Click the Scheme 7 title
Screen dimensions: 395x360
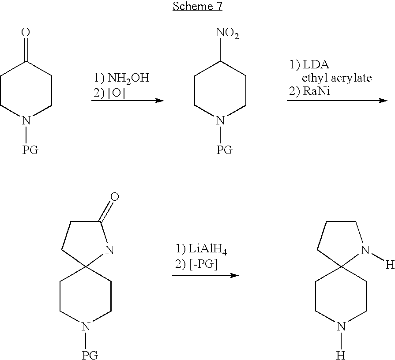pyautogui.click(x=198, y=6)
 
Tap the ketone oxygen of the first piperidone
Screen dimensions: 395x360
pyautogui.click(x=26, y=33)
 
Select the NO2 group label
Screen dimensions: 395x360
pyautogui.click(x=227, y=34)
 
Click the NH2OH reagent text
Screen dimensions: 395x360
pyautogui.click(x=128, y=78)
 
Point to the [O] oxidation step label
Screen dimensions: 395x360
pyautogui.click(x=116, y=94)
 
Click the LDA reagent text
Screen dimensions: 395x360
pyautogui.click(x=316, y=65)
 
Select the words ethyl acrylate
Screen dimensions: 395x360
pyautogui.click(x=337, y=78)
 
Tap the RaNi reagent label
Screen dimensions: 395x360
pyautogui.click(x=316, y=91)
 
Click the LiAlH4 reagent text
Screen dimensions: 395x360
pyautogui.click(x=208, y=250)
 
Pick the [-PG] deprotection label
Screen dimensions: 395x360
pyautogui.click(x=203, y=264)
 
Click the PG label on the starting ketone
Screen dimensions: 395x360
pyautogui.click(x=30, y=150)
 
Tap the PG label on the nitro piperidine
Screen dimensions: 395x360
pyautogui.click(x=225, y=150)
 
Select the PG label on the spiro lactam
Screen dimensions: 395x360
pyautogui.click(x=90, y=355)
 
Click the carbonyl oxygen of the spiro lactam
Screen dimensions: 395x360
pyautogui.click(x=115, y=197)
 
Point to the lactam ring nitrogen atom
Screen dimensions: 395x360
pyautogui.click(x=109, y=250)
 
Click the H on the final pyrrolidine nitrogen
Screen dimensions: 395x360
pyautogui.click(x=390, y=265)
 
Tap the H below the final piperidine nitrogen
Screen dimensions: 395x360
pyautogui.click(x=341, y=355)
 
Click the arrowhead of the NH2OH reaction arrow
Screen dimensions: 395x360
pyautogui.click(x=159, y=101)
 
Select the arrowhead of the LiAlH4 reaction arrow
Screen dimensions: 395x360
pyautogui.click(x=234, y=275)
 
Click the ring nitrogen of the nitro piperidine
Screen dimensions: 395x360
pyautogui.click(x=220, y=120)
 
